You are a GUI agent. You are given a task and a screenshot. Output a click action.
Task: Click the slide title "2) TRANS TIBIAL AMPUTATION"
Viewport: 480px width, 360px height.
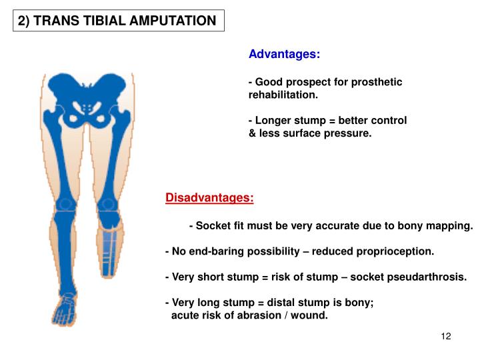(x=117, y=21)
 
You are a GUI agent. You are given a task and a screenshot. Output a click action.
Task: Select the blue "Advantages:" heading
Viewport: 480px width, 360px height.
(x=284, y=54)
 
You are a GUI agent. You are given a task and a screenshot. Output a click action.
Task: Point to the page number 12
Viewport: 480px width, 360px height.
(x=446, y=336)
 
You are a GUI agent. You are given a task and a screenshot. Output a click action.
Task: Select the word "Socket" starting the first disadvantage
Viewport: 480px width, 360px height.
(x=213, y=226)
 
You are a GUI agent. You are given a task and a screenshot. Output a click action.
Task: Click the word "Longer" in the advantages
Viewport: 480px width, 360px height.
(x=272, y=121)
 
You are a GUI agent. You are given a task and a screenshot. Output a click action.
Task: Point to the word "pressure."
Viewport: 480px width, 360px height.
(x=347, y=133)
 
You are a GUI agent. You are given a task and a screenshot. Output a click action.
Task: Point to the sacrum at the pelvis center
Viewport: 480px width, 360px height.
(x=86, y=107)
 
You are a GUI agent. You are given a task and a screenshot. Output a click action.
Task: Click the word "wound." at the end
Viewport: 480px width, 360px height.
(x=311, y=315)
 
